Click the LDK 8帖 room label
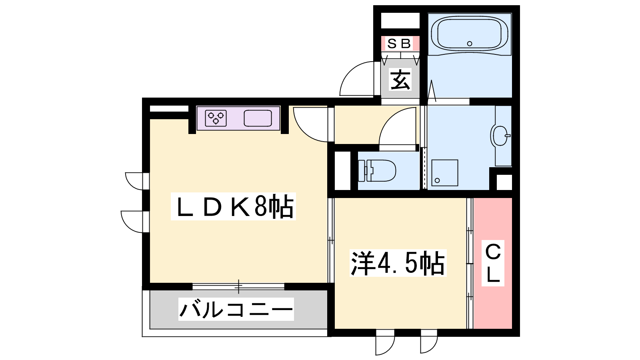(233, 206)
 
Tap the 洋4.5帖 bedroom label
(398, 263)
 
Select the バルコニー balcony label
(236, 309)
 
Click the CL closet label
(493, 263)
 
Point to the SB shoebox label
(400, 44)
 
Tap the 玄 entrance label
(400, 80)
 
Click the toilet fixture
(377, 171)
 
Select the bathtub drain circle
(470, 44)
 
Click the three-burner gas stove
(216, 118)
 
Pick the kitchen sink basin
(258, 118)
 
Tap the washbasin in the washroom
(500, 136)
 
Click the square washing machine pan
(444, 173)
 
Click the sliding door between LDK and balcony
(238, 286)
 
